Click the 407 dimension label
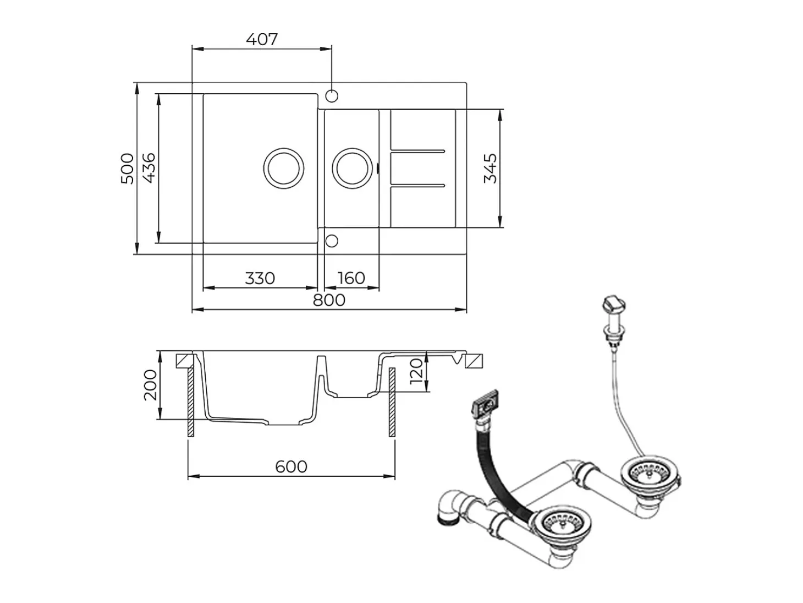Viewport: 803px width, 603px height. [x=262, y=39]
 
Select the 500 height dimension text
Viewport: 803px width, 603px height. [x=127, y=169]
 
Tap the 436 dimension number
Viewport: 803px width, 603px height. [x=149, y=168]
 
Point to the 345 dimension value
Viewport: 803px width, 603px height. [x=490, y=169]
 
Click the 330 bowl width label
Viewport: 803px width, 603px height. [x=260, y=278]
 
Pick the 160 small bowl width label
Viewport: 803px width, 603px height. [x=351, y=278]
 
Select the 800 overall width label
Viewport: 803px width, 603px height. [x=329, y=300]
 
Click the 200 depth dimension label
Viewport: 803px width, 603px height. [x=150, y=385]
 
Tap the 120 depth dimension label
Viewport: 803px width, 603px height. [x=416, y=372]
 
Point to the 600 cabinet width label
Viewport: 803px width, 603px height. [x=291, y=467]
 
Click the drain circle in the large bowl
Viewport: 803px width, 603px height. [x=283, y=169]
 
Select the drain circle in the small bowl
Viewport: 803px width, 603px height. [x=353, y=169]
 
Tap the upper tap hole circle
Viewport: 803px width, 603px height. [x=332, y=96]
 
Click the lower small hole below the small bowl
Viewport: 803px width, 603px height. [x=332, y=241]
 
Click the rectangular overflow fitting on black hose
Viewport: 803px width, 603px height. [x=486, y=403]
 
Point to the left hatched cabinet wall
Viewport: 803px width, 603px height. [x=191, y=402]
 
